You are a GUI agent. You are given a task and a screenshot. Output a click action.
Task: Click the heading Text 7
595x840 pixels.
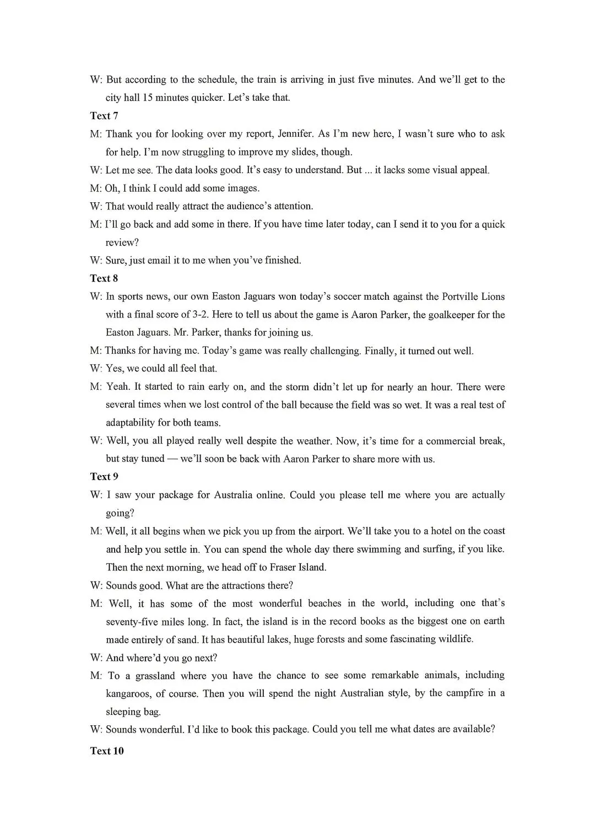point(104,116)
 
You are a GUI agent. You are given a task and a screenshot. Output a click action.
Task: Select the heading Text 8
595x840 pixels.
point(104,278)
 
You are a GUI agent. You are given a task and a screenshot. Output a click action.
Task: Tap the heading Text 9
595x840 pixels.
point(104,477)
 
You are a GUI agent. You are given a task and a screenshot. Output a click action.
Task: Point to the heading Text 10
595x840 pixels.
point(107,751)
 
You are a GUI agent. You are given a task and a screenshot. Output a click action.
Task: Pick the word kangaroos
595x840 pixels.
point(129,693)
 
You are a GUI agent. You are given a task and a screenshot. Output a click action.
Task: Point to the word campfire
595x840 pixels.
point(457,693)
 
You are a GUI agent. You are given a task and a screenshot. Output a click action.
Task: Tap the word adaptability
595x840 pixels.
point(131,423)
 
